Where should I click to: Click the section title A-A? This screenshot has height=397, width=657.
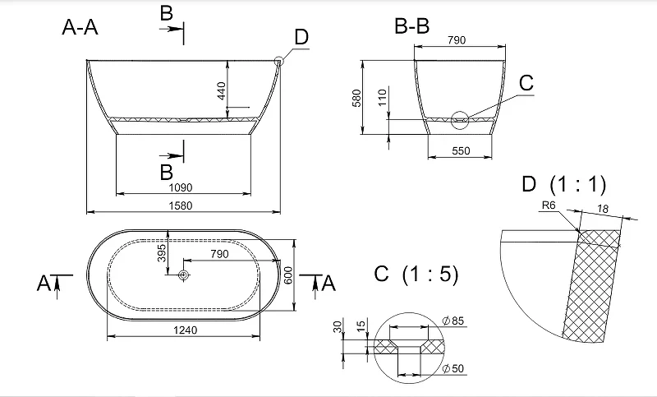coord(80,27)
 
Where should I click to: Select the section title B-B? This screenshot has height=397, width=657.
coord(412,26)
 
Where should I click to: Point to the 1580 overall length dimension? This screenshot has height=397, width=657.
coord(181,205)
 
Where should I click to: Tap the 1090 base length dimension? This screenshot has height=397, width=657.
coord(181,187)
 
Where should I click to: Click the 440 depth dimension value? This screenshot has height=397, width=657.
coord(221,90)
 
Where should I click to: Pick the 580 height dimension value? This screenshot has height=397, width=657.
coord(356,98)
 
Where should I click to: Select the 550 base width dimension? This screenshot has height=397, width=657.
coord(461,150)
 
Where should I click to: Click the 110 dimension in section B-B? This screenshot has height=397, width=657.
coord(382,98)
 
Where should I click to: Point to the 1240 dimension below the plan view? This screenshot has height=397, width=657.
coord(186,330)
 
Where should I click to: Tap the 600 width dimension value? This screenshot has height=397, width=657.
coord(288,275)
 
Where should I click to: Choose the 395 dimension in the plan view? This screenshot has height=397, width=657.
coord(162,253)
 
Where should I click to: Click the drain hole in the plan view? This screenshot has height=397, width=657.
coord(183,275)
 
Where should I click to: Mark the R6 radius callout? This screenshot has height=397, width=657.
coord(549,205)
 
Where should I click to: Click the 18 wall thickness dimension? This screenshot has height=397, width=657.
coord(603,208)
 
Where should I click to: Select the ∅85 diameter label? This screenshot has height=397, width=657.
coord(453,321)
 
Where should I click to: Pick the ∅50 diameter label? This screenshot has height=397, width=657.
coord(453,368)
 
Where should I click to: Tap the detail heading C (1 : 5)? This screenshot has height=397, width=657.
coord(416,275)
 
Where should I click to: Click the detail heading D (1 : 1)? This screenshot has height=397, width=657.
coord(564,184)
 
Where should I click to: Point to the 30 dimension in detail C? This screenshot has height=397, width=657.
coord(338,326)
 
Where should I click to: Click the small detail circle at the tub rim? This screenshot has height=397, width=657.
coord(279,62)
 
